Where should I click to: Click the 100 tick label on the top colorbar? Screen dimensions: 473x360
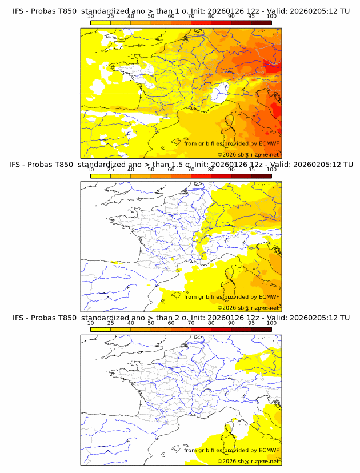click(x=271, y=16)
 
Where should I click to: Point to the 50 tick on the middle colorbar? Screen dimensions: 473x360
click(x=151, y=169)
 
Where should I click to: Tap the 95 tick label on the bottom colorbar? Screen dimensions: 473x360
click(x=251, y=323)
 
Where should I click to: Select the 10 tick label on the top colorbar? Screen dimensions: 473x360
click(x=91, y=16)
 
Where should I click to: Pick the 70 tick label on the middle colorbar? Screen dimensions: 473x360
click(x=191, y=169)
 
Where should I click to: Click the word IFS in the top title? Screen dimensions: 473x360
click(x=19, y=11)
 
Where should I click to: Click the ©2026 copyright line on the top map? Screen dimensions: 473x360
click(x=248, y=154)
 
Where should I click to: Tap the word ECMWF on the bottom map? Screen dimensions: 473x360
click(x=269, y=450)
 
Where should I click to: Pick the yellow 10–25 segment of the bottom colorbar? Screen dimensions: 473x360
click(x=101, y=329)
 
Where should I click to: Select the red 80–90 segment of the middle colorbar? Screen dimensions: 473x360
click(x=221, y=176)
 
